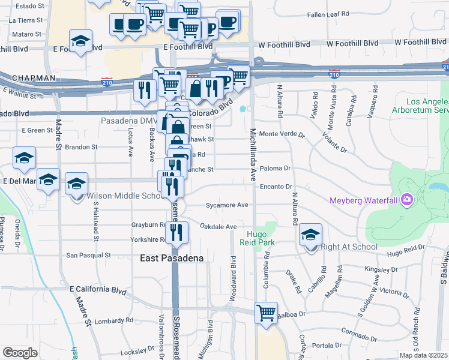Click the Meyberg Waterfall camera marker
pos(407,199)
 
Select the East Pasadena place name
pos(172,258)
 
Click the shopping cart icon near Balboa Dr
pos(265,313)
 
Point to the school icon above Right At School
pos(310,235)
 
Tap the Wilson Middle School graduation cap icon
pos(77,184)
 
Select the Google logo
pos(20,353)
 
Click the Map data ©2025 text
pos(424,355)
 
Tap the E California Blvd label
pos(98,290)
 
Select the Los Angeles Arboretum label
pos(419,106)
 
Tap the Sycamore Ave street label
pos(227,205)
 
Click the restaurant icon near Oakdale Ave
pos(176,232)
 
